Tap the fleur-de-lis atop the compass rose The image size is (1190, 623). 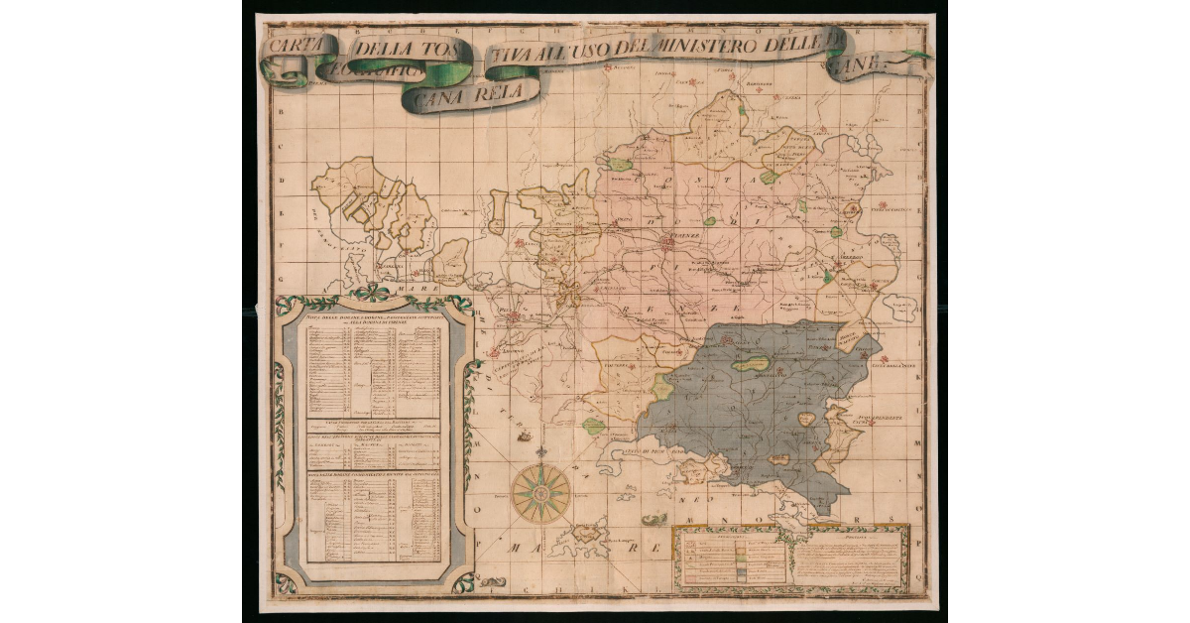[x=541, y=456]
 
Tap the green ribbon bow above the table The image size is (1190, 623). [x=373, y=293]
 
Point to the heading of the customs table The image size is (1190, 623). [x=369, y=319]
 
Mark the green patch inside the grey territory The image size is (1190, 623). [x=751, y=364]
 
